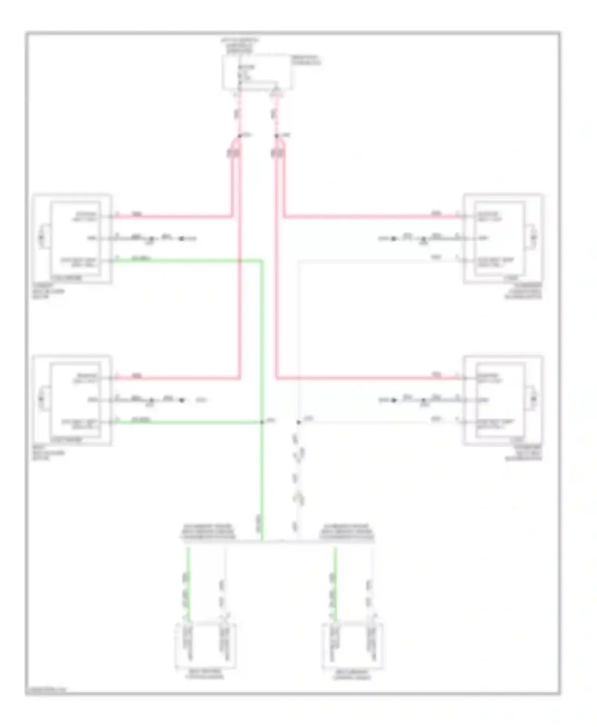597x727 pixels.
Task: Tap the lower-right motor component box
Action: tap(503, 400)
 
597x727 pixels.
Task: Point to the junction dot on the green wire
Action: tap(262, 422)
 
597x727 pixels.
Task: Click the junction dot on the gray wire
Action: tap(298, 422)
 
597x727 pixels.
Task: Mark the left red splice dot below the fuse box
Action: tap(240, 136)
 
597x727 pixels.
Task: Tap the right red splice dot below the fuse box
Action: tap(277, 136)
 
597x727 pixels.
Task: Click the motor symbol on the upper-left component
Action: tap(42, 238)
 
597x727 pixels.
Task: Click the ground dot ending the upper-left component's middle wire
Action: tap(181, 239)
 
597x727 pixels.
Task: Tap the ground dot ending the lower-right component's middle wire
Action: tap(394, 400)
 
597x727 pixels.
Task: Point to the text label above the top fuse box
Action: tap(240, 46)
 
